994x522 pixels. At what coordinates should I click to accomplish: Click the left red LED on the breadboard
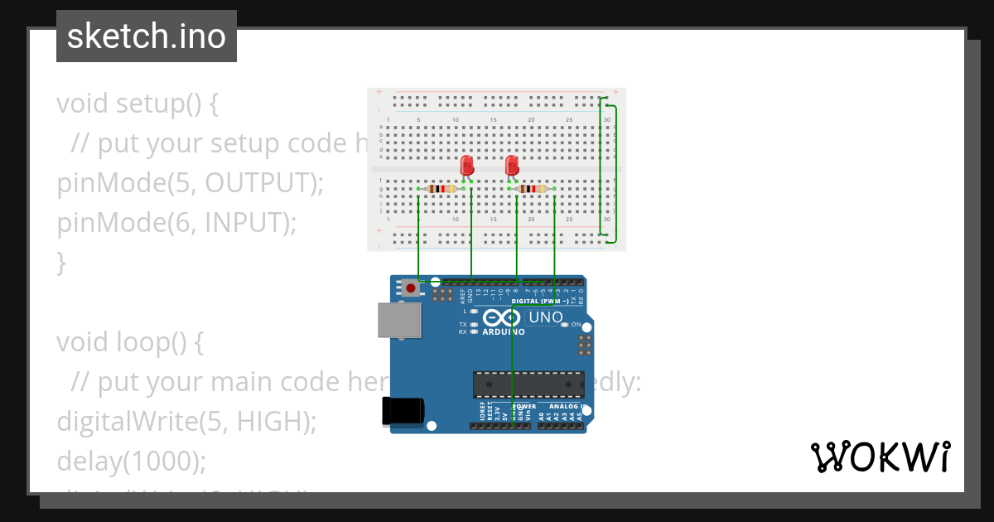[466, 165]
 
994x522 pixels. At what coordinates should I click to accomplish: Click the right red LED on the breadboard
[512, 165]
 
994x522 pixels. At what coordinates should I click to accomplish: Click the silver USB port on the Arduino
[399, 320]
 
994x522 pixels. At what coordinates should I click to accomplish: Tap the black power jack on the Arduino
[403, 412]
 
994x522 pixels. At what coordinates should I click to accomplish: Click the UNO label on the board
[546, 317]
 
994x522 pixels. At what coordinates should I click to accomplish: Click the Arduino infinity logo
[503, 318]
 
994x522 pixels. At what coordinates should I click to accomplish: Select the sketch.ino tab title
[147, 36]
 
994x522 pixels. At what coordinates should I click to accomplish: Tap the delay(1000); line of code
[131, 461]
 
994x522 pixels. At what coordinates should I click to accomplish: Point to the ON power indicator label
[576, 325]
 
